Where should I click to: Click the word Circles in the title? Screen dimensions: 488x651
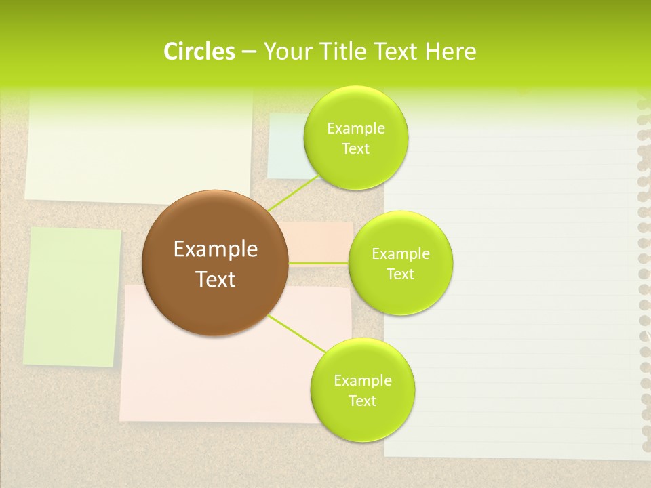(199, 52)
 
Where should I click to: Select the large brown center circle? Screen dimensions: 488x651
(215, 263)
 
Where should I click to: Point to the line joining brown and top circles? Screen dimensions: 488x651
(294, 192)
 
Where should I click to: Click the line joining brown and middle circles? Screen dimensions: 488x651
(318, 263)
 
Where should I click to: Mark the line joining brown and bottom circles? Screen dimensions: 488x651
(297, 333)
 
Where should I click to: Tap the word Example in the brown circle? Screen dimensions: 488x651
(215, 249)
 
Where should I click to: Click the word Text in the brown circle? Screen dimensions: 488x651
(215, 279)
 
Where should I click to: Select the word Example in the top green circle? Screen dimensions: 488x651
(356, 129)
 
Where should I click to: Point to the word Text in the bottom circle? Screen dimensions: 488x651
(362, 401)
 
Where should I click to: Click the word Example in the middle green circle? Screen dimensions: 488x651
(401, 254)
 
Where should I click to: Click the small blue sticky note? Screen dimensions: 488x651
(285, 146)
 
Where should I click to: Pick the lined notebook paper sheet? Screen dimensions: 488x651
(515, 285)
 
